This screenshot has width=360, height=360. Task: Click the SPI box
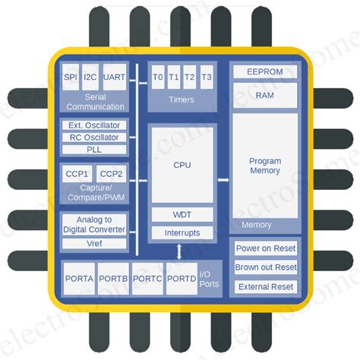click(71, 77)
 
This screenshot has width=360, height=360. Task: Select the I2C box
click(90, 77)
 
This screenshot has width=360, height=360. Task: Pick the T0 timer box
click(158, 77)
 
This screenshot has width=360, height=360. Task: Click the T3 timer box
click(207, 77)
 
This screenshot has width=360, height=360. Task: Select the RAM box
click(264, 95)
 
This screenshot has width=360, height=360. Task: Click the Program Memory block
click(264, 166)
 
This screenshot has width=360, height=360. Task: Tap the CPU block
click(182, 165)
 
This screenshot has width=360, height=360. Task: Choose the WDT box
click(182, 215)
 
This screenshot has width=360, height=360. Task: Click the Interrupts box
click(182, 232)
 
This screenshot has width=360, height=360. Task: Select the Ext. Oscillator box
click(94, 125)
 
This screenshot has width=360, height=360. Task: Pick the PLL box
click(94, 149)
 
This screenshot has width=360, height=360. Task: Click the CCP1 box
click(76, 174)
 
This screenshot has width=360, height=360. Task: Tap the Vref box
click(94, 244)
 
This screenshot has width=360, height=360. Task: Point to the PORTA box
click(79, 279)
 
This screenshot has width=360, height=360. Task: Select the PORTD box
click(182, 279)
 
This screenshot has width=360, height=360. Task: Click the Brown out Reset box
click(266, 267)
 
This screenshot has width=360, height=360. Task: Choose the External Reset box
click(266, 286)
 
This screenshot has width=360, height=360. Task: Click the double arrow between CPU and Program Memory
click(223, 180)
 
